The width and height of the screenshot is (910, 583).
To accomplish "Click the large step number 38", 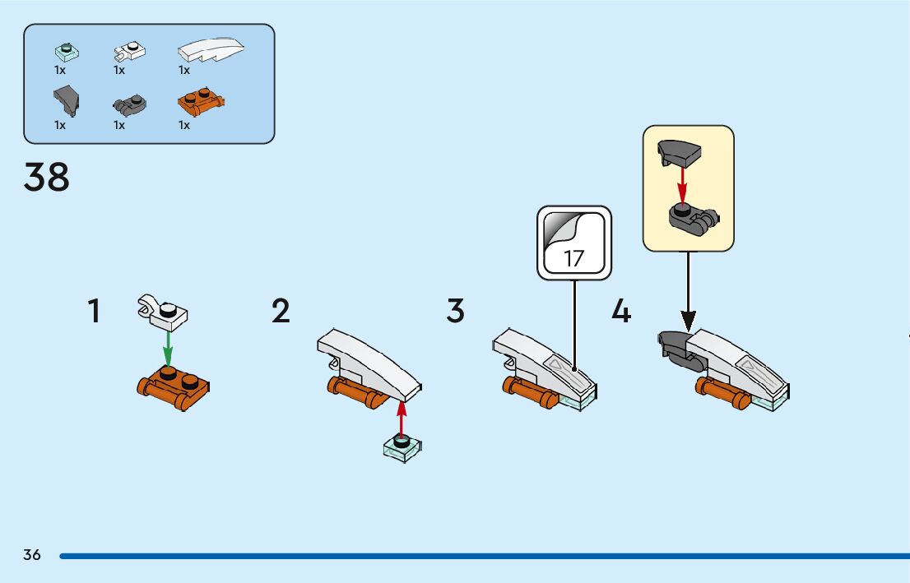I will point(47,178).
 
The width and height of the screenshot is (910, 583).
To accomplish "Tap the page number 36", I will point(32,554).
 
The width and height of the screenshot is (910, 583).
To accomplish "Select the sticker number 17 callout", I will point(573,243).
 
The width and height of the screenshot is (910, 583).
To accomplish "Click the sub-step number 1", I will point(95,312).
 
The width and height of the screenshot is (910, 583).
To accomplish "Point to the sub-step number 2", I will point(281,312).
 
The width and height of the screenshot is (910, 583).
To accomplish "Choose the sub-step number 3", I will point(456,312).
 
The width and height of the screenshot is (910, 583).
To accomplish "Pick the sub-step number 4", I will point(621,312).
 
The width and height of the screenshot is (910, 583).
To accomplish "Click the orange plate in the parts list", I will point(201,104).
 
